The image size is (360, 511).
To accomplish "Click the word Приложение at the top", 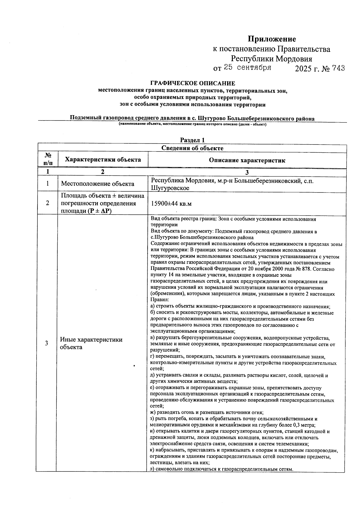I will (271, 39).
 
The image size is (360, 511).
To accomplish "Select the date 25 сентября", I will (247, 67).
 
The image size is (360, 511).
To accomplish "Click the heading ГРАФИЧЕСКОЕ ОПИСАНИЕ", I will (193, 83).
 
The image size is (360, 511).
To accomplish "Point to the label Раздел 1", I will (192, 140).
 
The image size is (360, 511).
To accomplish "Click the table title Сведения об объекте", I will (192, 148).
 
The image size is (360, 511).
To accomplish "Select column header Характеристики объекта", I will (103, 160).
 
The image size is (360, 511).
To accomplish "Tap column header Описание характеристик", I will (247, 160).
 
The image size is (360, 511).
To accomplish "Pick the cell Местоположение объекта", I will (97, 184).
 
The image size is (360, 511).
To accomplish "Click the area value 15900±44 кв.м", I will (171, 204).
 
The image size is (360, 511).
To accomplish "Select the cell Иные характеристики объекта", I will (91, 343).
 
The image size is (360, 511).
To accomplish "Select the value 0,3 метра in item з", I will (304, 425).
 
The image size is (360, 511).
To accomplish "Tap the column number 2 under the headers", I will (103, 172).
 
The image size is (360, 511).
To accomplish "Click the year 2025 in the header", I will (303, 69).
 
